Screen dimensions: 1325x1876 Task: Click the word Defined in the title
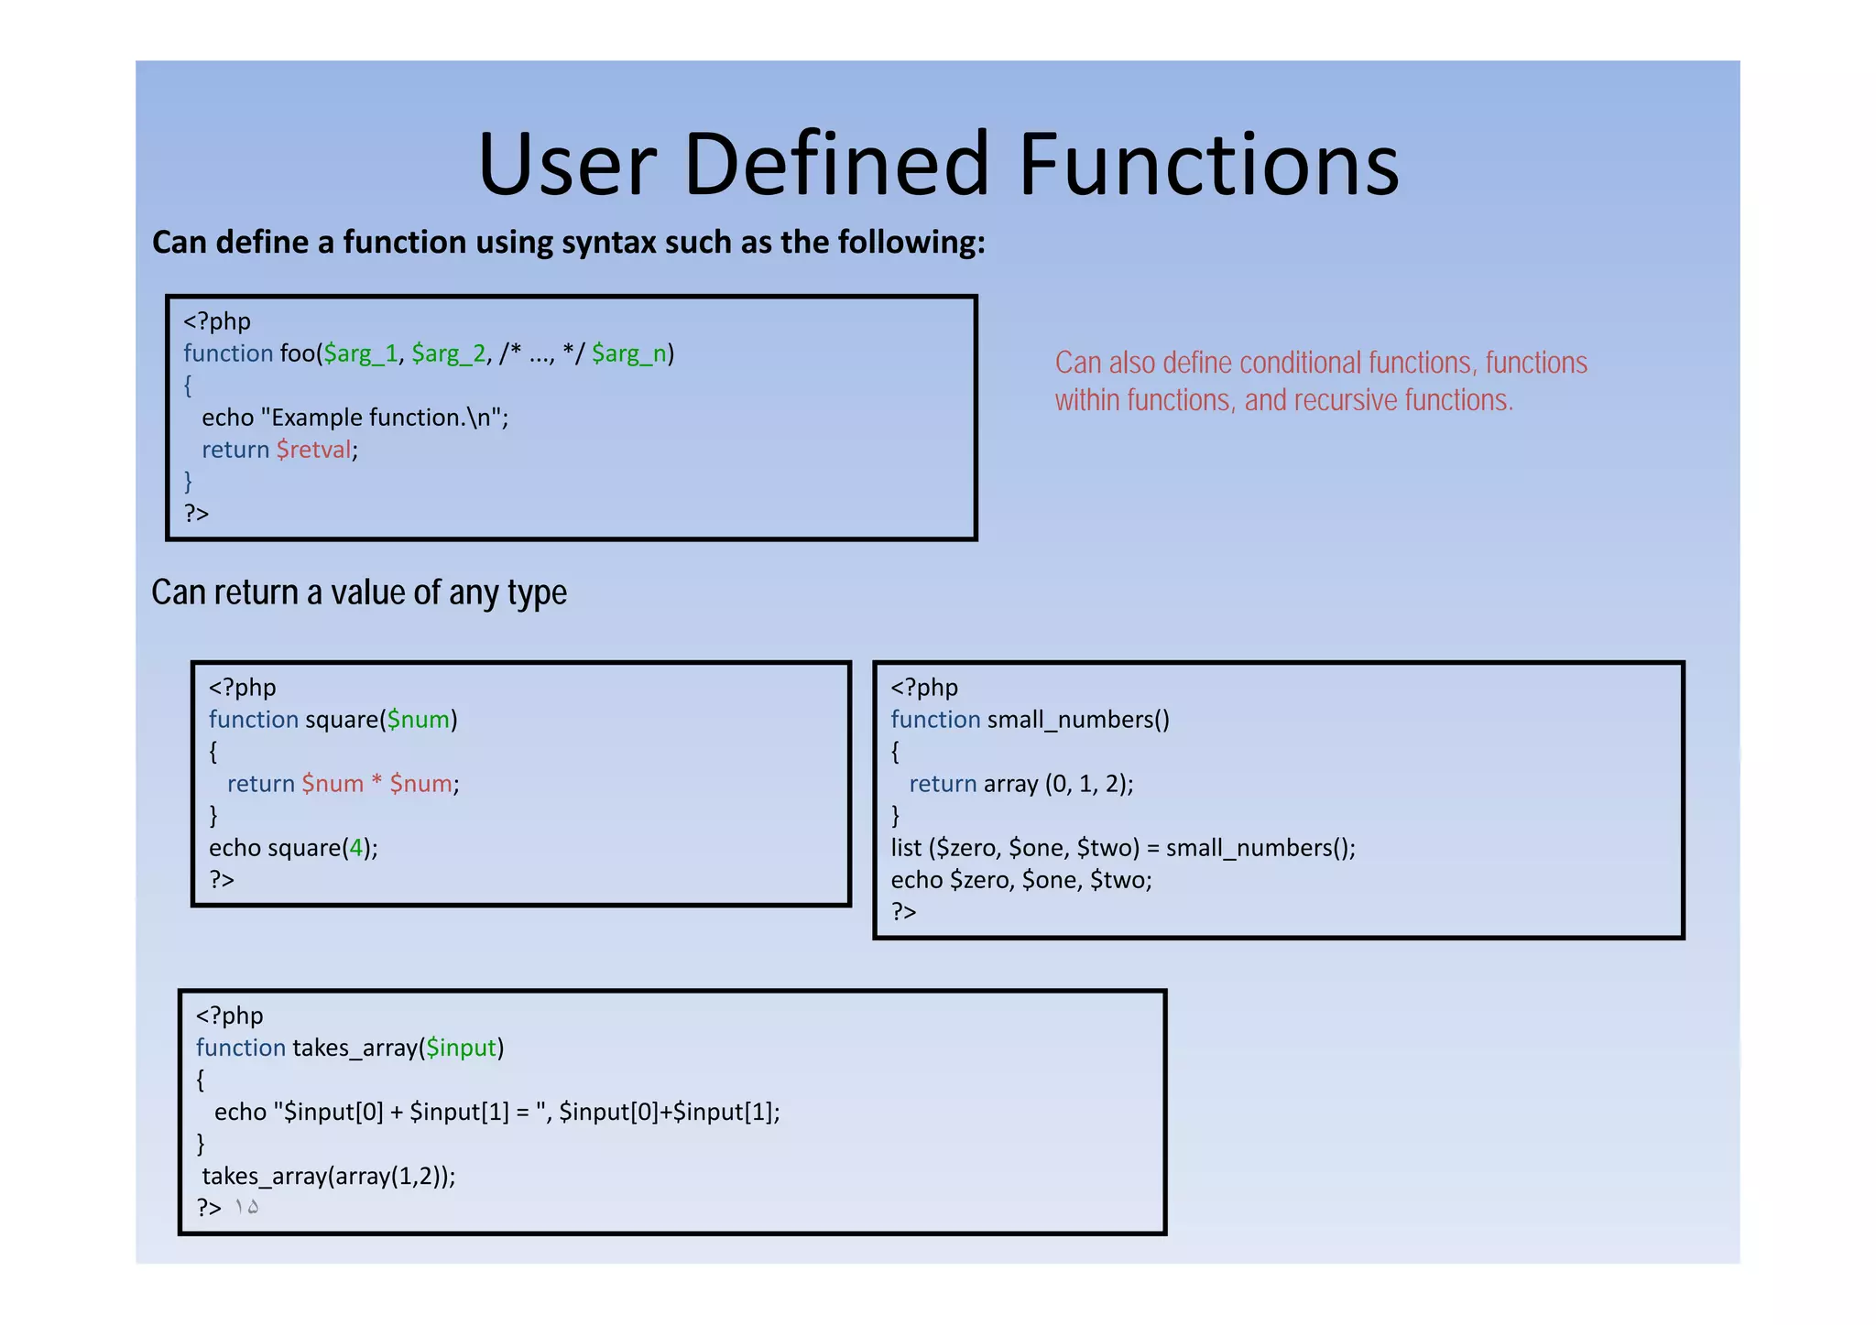point(836,165)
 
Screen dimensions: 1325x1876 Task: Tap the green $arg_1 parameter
point(361,353)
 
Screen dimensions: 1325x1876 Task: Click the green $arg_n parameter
point(629,353)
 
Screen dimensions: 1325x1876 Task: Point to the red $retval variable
point(314,450)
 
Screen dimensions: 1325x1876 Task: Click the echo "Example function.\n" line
point(354,418)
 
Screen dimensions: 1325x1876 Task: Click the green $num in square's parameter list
point(419,720)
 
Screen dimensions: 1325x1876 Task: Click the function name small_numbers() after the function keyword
point(1078,720)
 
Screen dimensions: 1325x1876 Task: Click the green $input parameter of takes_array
point(461,1048)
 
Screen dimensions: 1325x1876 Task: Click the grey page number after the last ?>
point(245,1208)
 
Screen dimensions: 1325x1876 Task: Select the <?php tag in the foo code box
point(217,321)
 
